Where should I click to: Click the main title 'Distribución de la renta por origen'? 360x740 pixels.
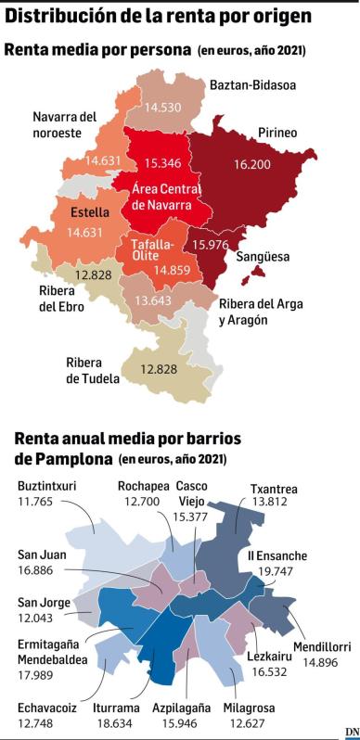pos(158,16)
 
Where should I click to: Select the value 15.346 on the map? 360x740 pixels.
pos(164,161)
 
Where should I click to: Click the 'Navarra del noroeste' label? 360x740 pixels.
pos(64,124)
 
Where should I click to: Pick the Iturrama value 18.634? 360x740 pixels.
pos(116,723)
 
